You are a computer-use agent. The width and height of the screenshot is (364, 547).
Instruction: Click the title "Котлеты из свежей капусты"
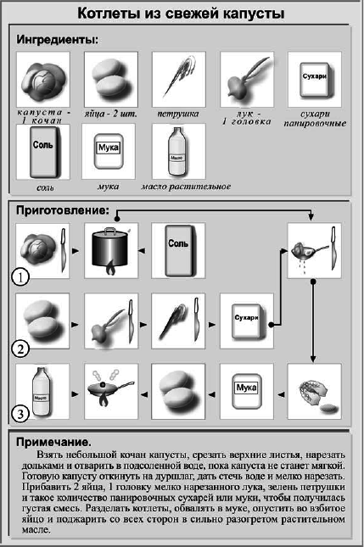coord(181,14)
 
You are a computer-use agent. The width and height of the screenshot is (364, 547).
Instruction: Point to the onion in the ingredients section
coord(246,78)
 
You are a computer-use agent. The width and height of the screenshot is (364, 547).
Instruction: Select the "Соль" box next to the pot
coord(178,249)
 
